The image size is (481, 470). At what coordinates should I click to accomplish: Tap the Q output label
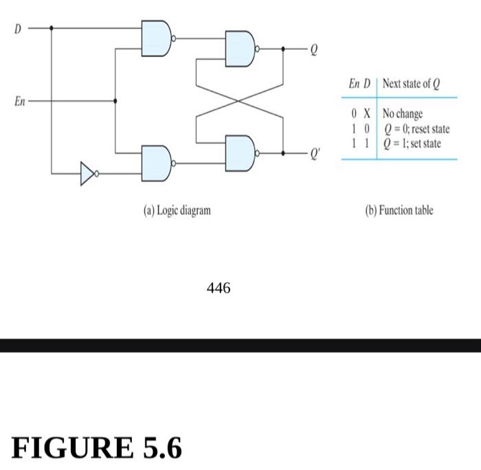(x=313, y=50)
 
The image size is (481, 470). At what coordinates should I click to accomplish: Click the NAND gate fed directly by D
(x=157, y=38)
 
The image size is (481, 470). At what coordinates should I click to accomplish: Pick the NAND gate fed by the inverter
(x=157, y=164)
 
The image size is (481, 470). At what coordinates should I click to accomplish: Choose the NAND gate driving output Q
(x=240, y=49)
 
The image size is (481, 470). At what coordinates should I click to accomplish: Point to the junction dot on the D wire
(x=52, y=28)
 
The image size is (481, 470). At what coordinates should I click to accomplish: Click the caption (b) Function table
(x=399, y=210)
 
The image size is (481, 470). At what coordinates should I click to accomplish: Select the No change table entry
(x=403, y=114)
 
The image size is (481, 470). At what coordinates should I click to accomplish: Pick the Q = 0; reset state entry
(x=416, y=128)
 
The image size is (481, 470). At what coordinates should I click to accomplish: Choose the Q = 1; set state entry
(x=412, y=143)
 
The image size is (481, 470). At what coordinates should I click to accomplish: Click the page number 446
(x=219, y=289)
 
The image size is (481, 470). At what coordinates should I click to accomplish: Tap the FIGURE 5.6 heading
(x=97, y=448)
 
